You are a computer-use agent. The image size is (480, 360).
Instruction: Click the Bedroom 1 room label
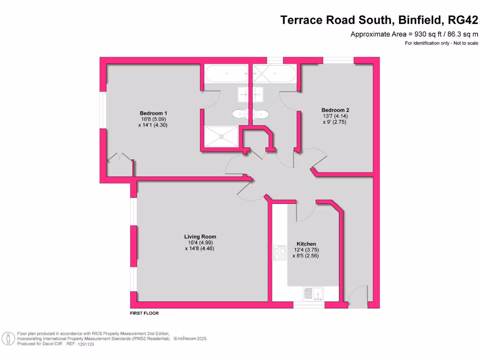(x=153, y=113)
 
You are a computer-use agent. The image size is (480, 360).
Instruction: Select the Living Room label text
(x=200, y=237)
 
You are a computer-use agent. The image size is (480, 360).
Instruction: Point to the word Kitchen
(x=306, y=244)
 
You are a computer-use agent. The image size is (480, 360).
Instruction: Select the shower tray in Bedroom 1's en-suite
(x=222, y=136)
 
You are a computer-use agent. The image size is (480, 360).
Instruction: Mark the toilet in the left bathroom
(x=240, y=113)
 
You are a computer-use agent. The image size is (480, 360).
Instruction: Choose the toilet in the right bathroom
(x=261, y=113)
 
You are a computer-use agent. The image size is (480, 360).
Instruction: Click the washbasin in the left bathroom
(x=243, y=93)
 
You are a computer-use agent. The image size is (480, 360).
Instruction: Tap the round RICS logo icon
(x=7, y=338)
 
